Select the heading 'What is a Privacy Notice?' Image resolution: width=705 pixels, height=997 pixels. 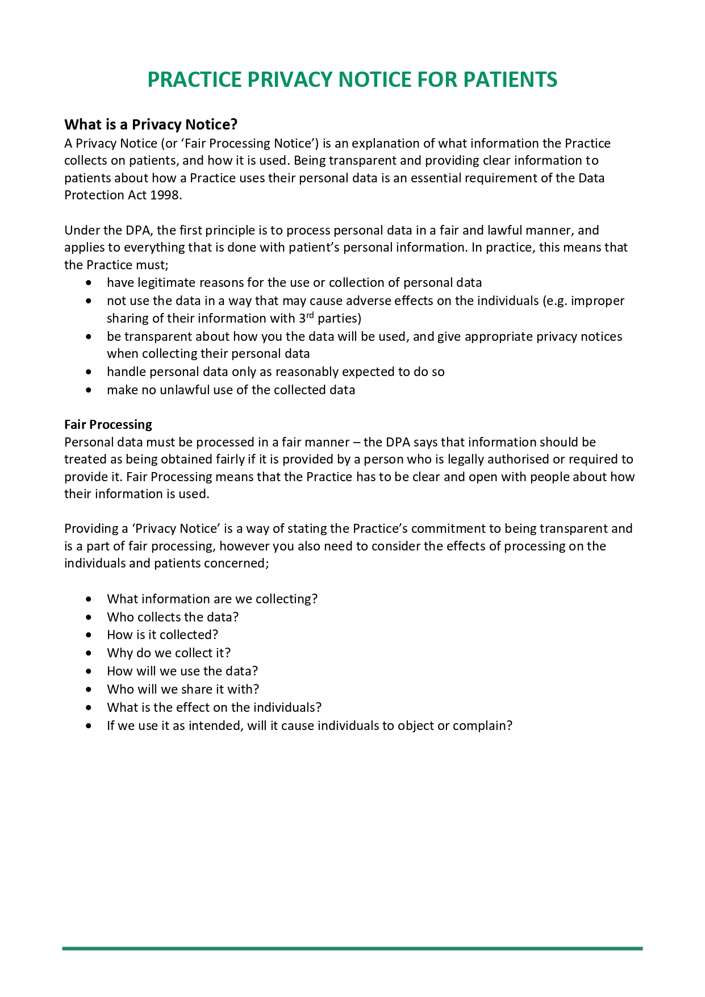tap(151, 124)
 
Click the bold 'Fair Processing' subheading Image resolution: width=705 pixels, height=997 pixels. tap(108, 424)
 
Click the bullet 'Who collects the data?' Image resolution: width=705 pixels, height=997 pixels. tap(173, 617)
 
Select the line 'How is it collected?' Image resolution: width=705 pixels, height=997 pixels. tap(162, 635)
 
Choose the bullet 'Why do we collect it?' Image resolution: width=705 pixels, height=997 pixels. tap(169, 653)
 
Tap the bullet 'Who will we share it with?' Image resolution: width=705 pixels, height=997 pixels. tap(183, 689)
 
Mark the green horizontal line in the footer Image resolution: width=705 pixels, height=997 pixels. tap(352, 948)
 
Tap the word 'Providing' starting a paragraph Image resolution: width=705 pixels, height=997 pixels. tap(91, 528)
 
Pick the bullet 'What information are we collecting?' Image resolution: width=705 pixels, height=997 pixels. tap(212, 599)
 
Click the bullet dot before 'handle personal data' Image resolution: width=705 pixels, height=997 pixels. tap(88, 372)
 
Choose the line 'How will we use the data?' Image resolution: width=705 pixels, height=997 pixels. tap(182, 671)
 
